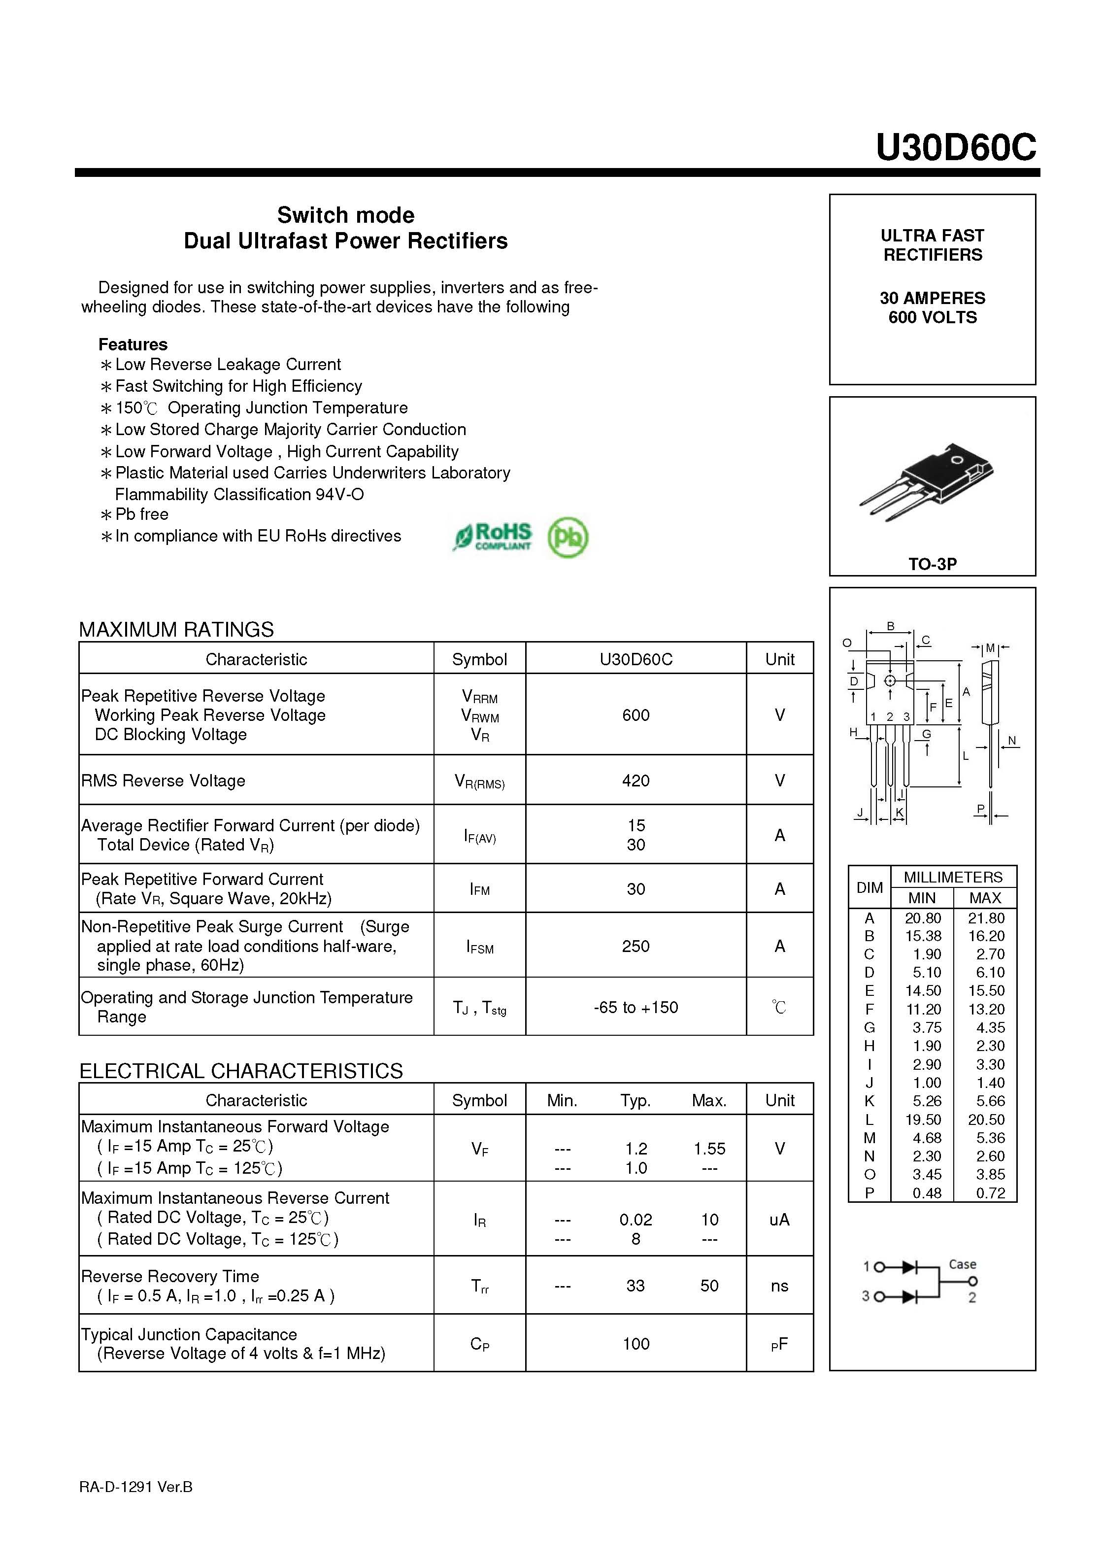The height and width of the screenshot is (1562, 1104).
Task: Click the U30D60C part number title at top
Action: pyautogui.click(x=955, y=147)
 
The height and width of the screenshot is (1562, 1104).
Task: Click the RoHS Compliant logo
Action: pyautogui.click(x=493, y=536)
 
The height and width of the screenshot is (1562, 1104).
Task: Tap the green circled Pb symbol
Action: pyautogui.click(x=568, y=538)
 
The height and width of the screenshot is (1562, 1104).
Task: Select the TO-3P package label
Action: pyautogui.click(x=932, y=564)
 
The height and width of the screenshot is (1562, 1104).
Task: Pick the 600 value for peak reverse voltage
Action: pyautogui.click(x=636, y=715)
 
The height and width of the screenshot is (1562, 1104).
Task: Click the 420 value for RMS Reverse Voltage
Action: pyautogui.click(x=636, y=781)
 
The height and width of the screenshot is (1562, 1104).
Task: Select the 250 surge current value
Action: pyautogui.click(x=636, y=946)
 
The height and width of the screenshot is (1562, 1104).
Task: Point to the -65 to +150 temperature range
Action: pyautogui.click(x=636, y=1007)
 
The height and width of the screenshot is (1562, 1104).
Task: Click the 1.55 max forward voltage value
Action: pyautogui.click(x=709, y=1149)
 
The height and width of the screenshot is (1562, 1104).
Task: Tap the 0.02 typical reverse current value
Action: pyautogui.click(x=636, y=1220)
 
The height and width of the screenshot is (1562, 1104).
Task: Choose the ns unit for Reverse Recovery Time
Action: pyautogui.click(x=779, y=1286)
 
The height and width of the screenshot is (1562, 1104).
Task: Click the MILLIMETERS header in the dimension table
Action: pyautogui.click(x=952, y=877)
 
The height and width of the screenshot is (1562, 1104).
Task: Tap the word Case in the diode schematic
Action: pyautogui.click(x=962, y=1264)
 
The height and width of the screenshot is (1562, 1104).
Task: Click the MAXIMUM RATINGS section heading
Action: pyautogui.click(x=176, y=629)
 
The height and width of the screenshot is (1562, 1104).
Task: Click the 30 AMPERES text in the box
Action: pyautogui.click(x=932, y=298)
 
